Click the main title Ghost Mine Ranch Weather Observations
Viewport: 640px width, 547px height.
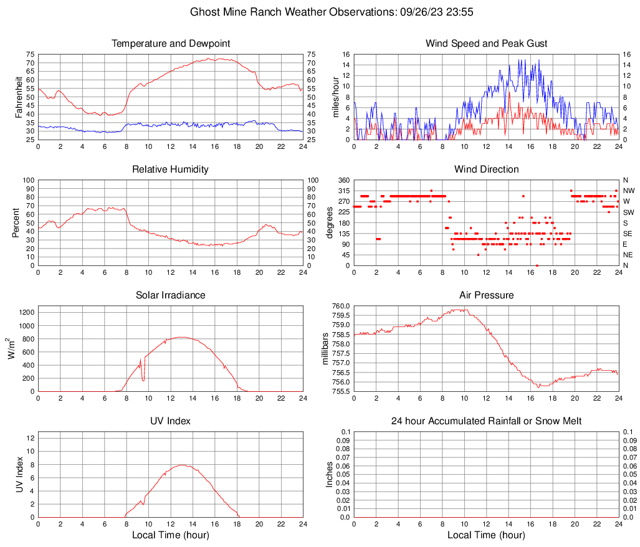tap(320, 12)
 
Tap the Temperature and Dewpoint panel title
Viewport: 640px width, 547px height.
tap(171, 44)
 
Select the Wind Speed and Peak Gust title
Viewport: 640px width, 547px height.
tap(486, 44)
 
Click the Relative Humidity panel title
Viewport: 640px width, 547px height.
tap(171, 169)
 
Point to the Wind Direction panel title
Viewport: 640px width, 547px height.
tap(486, 169)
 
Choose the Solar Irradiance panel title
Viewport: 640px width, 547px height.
tap(171, 295)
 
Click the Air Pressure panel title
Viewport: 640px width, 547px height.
tap(486, 295)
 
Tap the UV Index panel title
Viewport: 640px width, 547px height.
tap(171, 421)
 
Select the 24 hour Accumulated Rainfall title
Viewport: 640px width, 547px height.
tap(486, 421)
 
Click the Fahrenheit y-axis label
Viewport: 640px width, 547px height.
tap(18, 97)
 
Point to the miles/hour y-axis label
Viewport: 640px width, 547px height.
tap(336, 97)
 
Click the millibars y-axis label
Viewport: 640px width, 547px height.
tap(325, 349)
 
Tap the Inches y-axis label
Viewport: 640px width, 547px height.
tap(330, 475)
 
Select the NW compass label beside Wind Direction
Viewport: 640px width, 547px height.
tap(628, 191)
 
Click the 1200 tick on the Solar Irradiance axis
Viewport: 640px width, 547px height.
tap(25, 310)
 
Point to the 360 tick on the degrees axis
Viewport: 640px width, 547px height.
tap(342, 180)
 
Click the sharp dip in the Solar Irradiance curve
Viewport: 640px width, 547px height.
tap(143, 379)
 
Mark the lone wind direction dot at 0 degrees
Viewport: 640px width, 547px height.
tap(537, 265)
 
